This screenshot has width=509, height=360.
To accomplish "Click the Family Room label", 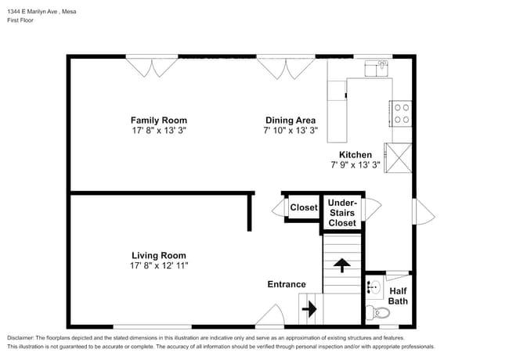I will pos(158,120).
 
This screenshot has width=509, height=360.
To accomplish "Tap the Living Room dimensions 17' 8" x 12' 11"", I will pos(158,266).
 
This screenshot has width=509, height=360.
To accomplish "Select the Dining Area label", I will pos(290,120).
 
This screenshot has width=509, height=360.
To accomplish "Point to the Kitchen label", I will pos(355,154).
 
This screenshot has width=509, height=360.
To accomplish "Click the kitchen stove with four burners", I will pos(401,114).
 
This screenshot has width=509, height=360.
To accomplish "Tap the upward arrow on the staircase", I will pos(341,265).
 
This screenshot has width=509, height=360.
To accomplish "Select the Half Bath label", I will pos(398,296).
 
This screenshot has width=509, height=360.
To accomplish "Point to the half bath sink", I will pos(373,287).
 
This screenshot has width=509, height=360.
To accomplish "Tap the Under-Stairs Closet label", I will pos(341,213).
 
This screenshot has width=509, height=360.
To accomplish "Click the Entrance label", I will pos(287,284).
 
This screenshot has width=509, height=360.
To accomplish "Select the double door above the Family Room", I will pos(153,67).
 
